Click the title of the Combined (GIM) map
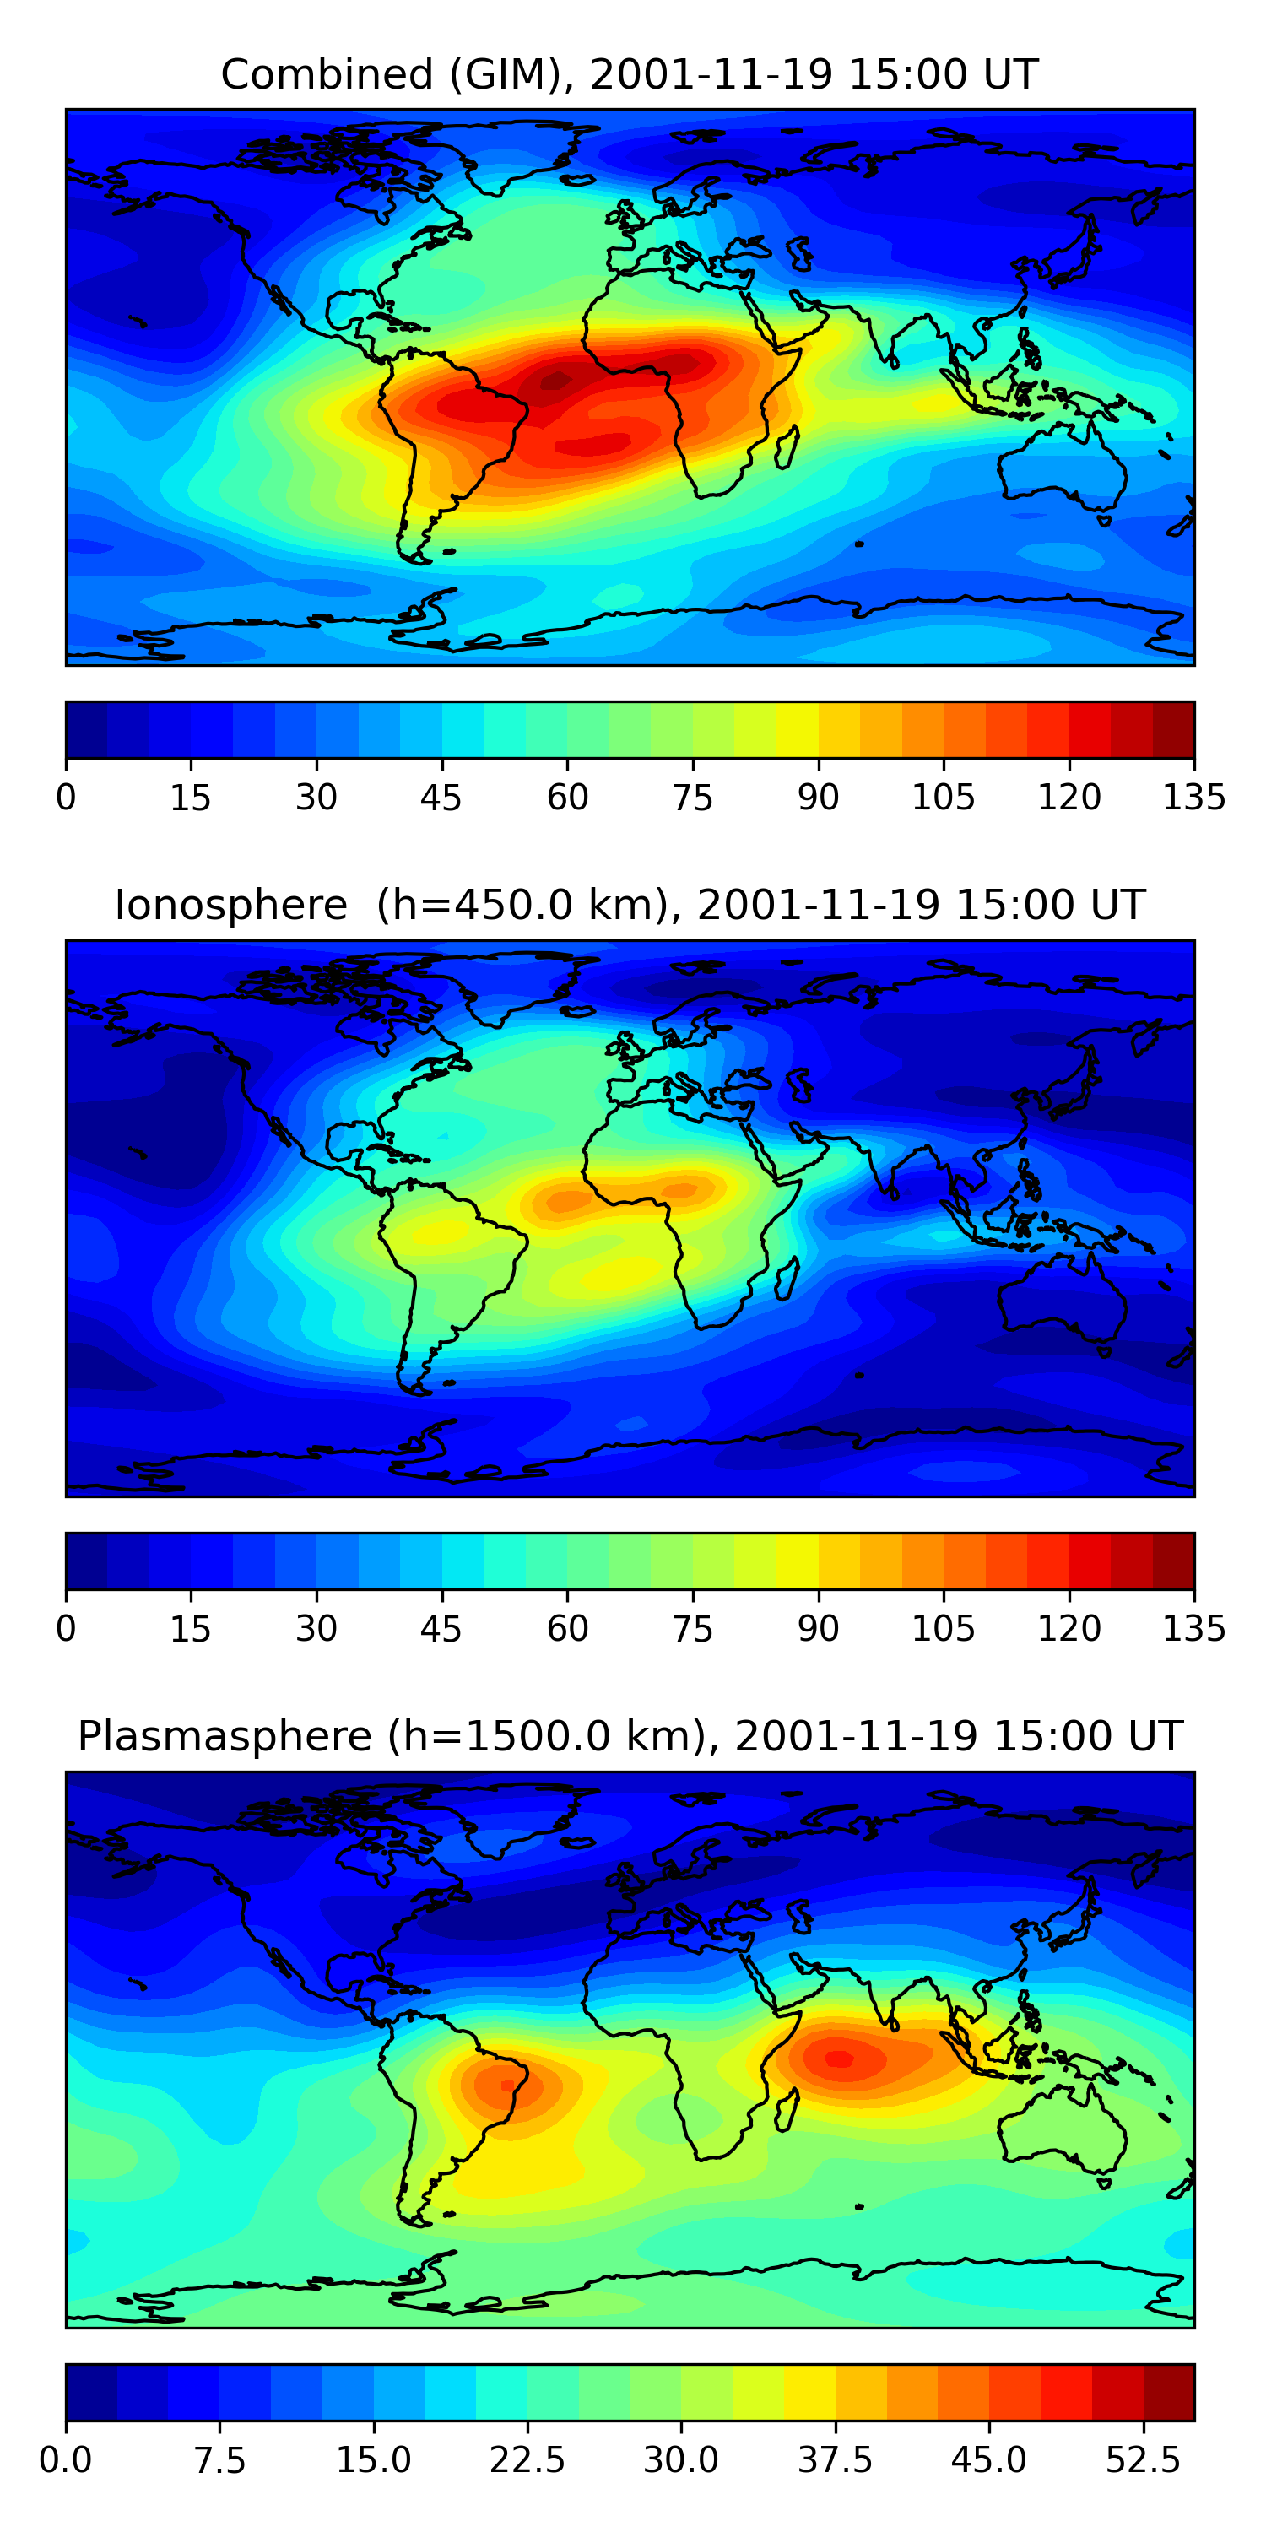[629, 75]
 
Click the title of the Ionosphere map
[629, 906]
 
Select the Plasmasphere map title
[629, 1737]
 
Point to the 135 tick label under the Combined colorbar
[1193, 797]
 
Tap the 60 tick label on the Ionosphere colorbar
[567, 1629]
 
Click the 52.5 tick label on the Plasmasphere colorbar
[1142, 2459]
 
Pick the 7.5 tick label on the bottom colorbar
[219, 2459]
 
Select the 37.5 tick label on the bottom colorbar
[835, 2459]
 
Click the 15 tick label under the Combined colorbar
[191, 797]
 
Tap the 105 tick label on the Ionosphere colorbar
[943, 1629]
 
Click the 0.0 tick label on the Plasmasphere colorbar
[66, 2459]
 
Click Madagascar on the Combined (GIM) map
[787, 447]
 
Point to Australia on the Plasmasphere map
[1062, 2133]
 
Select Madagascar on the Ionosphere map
[787, 1279]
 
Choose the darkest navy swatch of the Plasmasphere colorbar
[91, 2391]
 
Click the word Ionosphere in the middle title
[231, 906]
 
